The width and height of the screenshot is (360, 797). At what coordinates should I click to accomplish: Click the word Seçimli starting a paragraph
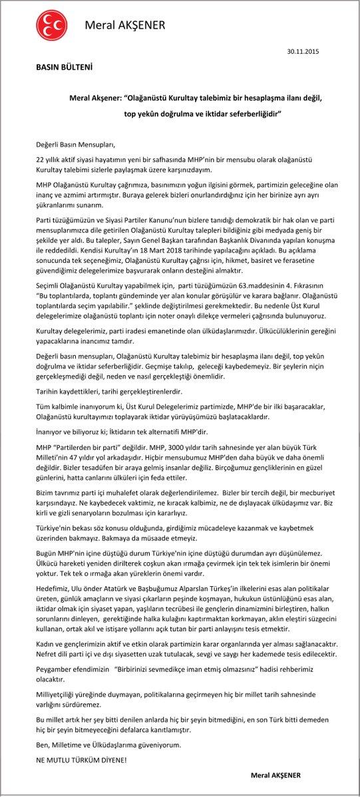(49, 287)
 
